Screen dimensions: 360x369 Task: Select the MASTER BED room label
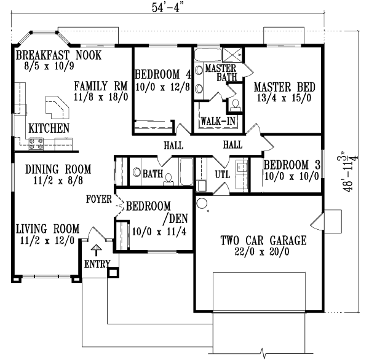[x=281, y=88]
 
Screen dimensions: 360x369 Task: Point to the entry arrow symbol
[x=95, y=250]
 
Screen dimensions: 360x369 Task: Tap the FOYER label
[x=99, y=199]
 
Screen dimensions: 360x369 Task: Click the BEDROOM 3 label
[x=290, y=164]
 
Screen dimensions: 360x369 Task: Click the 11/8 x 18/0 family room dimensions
[x=101, y=96]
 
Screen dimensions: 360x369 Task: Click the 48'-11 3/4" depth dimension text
[x=351, y=173]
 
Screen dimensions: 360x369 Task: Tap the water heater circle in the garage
[x=201, y=203]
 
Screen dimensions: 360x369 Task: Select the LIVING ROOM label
[x=47, y=230]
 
